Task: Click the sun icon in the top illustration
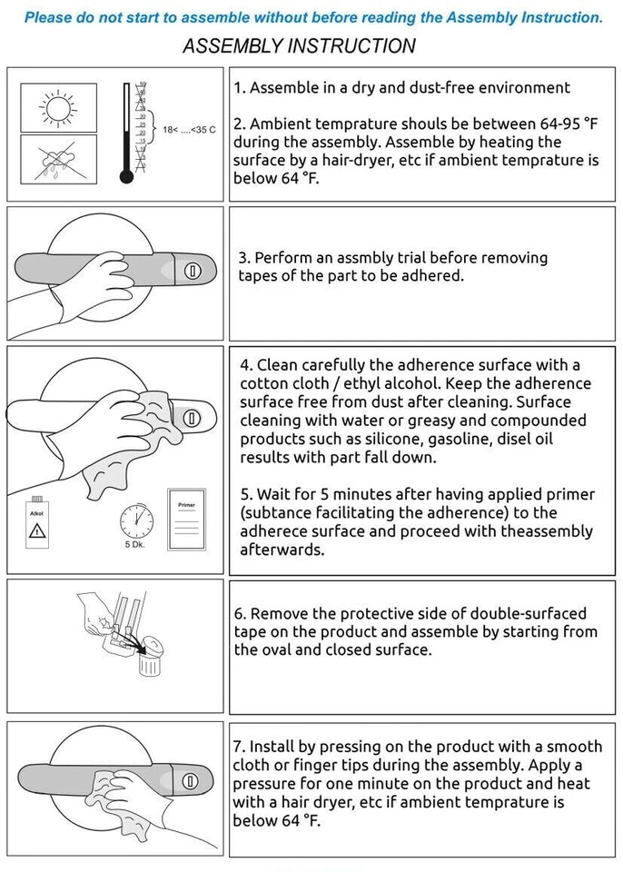[x=58, y=107]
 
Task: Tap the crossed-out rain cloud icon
[x=58, y=160]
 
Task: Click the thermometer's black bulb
[x=127, y=177]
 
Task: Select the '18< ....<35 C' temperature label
[x=189, y=130]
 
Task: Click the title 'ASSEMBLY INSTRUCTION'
[x=300, y=45]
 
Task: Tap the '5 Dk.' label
[x=134, y=544]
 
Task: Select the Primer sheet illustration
[x=187, y=520]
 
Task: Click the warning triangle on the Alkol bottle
[x=36, y=530]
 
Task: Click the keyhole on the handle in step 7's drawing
[x=190, y=781]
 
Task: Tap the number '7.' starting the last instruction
[x=239, y=747]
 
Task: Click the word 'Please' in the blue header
[x=48, y=18]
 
